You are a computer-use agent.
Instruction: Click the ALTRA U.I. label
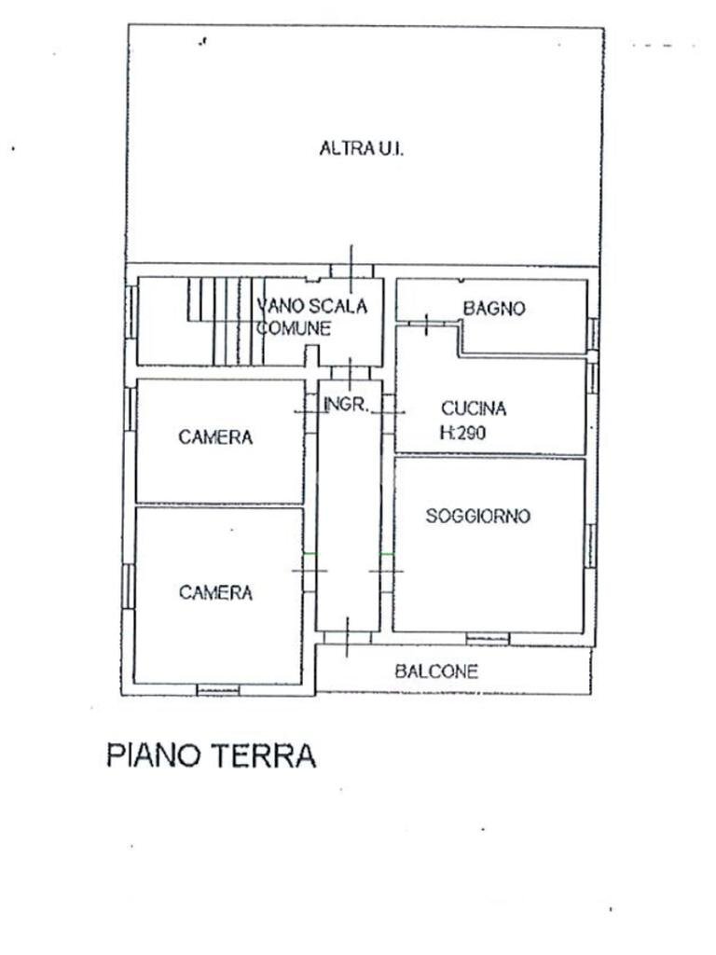click(361, 148)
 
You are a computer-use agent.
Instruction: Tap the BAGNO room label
click(494, 309)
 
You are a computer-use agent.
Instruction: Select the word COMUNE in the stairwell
click(294, 328)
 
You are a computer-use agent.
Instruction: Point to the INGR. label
click(348, 405)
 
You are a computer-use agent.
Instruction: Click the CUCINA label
click(473, 408)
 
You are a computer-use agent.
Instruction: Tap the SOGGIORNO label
click(477, 516)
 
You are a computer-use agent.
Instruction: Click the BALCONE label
click(436, 671)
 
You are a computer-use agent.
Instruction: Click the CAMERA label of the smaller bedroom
click(215, 437)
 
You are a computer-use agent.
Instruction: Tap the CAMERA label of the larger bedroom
click(215, 592)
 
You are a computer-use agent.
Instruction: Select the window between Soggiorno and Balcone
click(487, 639)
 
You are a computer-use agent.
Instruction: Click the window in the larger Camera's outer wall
click(217, 690)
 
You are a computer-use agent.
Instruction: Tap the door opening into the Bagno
click(426, 324)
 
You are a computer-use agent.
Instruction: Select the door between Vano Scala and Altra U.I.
click(351, 270)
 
